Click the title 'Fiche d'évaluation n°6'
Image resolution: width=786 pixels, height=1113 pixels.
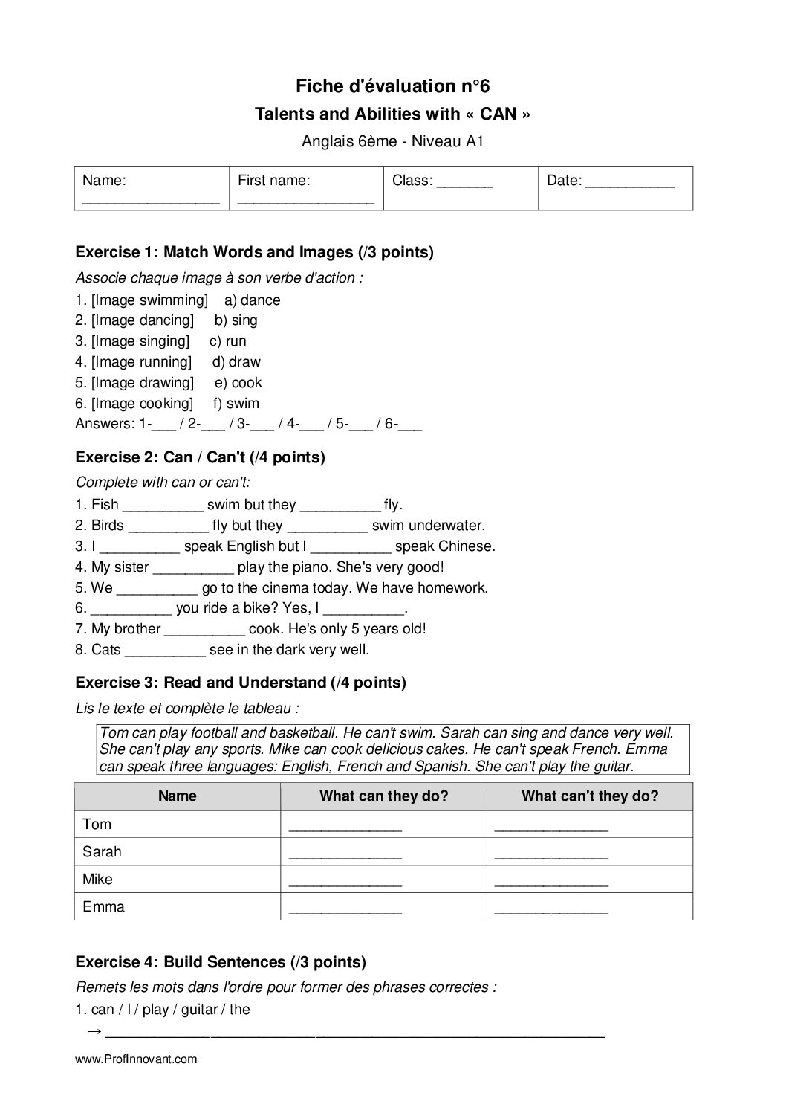point(392,86)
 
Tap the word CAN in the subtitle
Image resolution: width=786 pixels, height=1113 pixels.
point(498,114)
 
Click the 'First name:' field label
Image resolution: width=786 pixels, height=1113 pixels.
point(273,180)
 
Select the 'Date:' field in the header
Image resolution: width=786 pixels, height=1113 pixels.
point(610,181)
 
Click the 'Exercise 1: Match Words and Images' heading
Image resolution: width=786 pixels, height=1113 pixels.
point(254,252)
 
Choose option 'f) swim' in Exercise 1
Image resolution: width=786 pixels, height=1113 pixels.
point(236,404)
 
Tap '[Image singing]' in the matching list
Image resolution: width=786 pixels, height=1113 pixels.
point(140,341)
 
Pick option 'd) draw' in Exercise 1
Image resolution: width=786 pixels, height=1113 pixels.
point(236,362)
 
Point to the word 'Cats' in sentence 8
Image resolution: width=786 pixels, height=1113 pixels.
point(105,650)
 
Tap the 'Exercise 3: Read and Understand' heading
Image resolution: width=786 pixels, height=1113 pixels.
point(241,683)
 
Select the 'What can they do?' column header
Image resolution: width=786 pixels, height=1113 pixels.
point(383,796)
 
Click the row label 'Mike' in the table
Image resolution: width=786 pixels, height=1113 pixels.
point(97,880)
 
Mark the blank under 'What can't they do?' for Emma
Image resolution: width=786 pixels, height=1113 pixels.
point(550,909)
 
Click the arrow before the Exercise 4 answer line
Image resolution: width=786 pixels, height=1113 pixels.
point(94,1032)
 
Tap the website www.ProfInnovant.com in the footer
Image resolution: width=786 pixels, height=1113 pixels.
point(136,1059)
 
